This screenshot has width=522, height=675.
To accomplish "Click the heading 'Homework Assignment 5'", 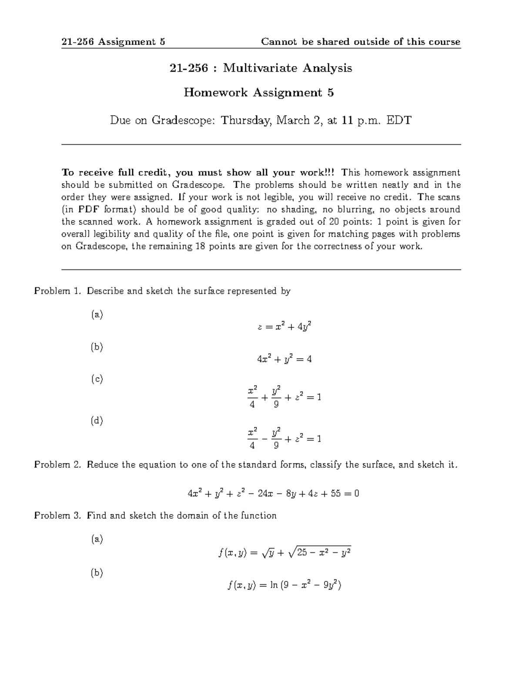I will [259, 93].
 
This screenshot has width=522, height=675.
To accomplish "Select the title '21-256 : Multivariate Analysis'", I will [261, 68].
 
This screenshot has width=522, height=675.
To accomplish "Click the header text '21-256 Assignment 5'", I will [113, 42].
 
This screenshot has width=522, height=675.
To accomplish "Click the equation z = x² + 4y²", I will [284, 326].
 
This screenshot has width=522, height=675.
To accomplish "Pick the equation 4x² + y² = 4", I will [284, 359].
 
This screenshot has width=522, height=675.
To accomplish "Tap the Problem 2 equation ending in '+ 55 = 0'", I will [273, 494].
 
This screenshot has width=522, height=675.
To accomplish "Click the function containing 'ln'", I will [284, 585].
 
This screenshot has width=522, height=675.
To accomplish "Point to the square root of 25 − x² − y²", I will [319, 553].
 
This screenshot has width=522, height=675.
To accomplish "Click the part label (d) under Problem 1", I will [97, 421].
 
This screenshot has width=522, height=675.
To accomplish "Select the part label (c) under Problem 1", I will [97, 379].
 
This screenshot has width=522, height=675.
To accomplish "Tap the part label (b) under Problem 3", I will [97, 573].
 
